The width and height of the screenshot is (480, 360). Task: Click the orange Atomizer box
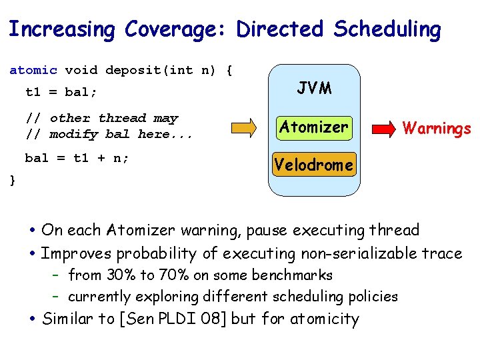click(314, 127)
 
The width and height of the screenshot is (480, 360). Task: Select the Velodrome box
click(313, 165)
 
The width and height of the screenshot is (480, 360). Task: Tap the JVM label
click(314, 88)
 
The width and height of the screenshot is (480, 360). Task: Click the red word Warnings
click(437, 128)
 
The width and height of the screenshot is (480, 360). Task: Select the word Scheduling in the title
click(387, 29)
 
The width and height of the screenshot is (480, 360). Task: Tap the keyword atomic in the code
click(33, 70)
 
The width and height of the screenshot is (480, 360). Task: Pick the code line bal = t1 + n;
click(77, 158)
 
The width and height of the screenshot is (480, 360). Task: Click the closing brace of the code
click(13, 179)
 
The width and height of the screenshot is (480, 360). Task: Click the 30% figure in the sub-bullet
click(113, 275)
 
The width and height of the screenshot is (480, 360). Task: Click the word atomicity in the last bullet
click(325, 319)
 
